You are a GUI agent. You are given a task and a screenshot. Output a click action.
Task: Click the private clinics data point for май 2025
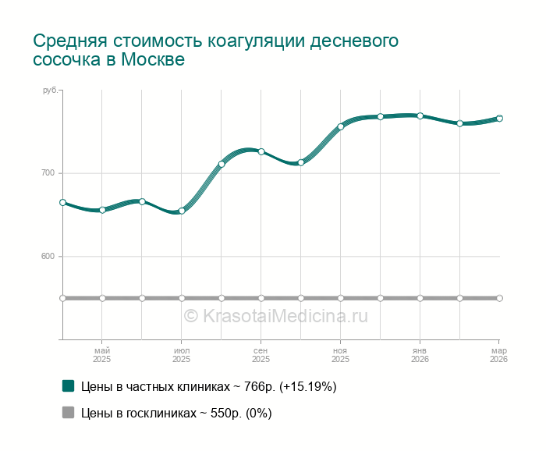coord(102,210)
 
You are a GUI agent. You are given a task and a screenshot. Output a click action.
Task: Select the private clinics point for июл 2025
coord(182,211)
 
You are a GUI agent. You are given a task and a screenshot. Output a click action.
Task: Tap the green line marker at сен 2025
coord(261,151)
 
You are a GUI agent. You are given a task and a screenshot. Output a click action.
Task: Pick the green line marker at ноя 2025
coord(341,126)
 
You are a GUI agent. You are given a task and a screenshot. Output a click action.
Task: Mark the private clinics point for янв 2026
coord(420,116)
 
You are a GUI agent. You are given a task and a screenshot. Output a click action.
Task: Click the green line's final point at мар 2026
coord(499,119)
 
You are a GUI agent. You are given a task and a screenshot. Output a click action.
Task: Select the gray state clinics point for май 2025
coord(102,298)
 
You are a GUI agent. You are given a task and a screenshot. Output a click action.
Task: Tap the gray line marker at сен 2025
coord(261,298)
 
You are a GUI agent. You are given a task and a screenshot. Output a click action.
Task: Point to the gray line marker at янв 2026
coord(420,298)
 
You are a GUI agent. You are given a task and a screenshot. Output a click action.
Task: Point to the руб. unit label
coord(51,91)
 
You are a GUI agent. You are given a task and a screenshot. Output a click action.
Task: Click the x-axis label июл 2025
coord(182,355)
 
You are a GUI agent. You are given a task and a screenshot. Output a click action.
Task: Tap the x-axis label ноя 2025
coord(341,355)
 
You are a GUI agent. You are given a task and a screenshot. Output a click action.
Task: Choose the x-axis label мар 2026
coord(498,355)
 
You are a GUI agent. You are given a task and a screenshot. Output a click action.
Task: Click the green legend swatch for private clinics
coord(69,386)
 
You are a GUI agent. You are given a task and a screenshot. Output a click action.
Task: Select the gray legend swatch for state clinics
coord(69,414)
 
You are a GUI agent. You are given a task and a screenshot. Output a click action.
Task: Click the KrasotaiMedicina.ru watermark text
coord(275,316)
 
